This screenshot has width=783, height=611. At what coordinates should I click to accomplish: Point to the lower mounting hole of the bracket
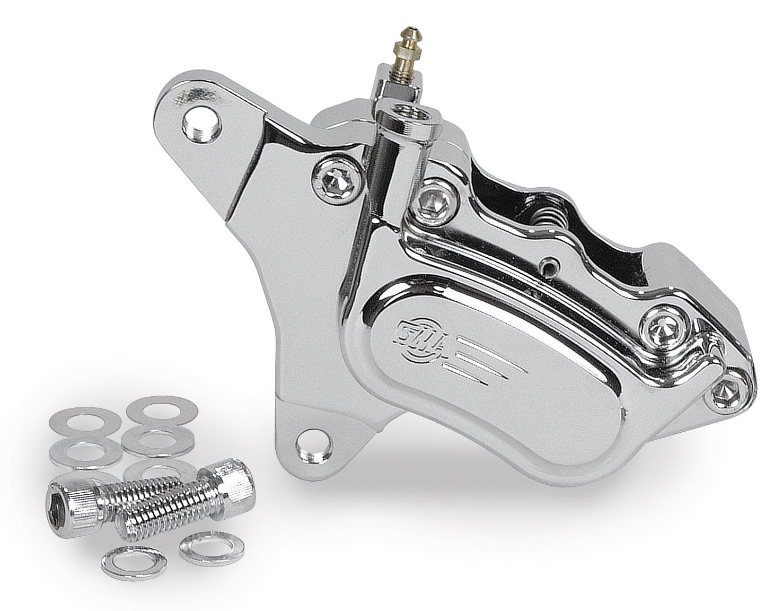[313, 444]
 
